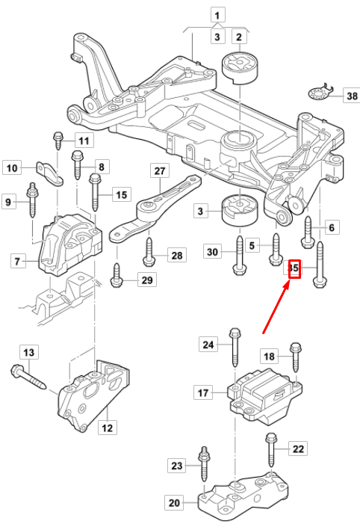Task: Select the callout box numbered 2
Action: [x=239, y=37]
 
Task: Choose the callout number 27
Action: [x=158, y=170]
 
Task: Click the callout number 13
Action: [x=28, y=352]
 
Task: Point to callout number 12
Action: [x=108, y=428]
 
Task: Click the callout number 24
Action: [x=208, y=344]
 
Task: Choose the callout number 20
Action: [x=174, y=503]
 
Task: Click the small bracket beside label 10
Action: [x=50, y=172]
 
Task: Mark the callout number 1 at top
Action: [x=217, y=14]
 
